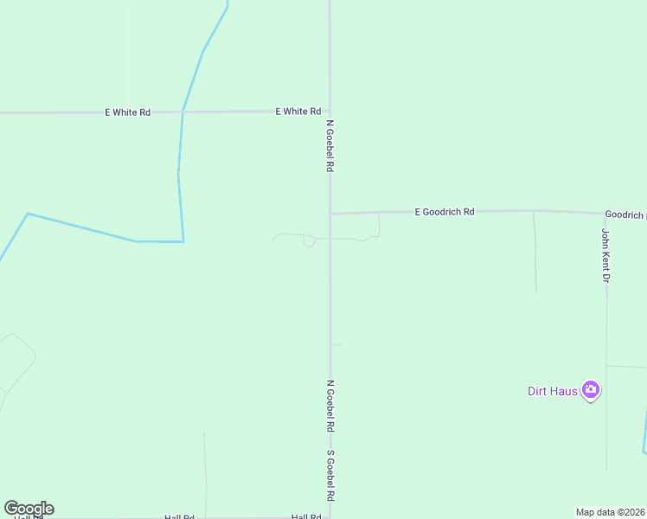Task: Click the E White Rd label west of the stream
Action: [x=127, y=112]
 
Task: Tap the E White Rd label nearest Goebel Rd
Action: [x=298, y=112]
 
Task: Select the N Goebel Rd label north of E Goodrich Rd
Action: [x=330, y=146]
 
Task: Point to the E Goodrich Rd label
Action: [x=445, y=211]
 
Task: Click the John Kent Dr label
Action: [x=606, y=255]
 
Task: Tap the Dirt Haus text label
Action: [x=553, y=390]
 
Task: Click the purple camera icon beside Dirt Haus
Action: [x=591, y=390]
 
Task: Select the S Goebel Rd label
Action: [x=330, y=476]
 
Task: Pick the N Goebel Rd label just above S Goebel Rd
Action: [x=330, y=406]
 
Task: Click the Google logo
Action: [x=29, y=509]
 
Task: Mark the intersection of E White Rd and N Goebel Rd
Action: [x=330, y=111]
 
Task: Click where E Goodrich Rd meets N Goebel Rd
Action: [x=330, y=213]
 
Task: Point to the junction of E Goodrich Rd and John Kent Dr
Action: [x=605, y=213]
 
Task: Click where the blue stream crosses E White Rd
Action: [x=183, y=112]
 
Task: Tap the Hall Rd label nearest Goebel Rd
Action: [x=306, y=516]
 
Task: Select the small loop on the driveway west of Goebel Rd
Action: [x=309, y=242]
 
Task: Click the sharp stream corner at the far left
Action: [x=28, y=214]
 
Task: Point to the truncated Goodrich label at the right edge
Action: [x=624, y=214]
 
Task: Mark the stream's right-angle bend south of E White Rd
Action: [x=183, y=241]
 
